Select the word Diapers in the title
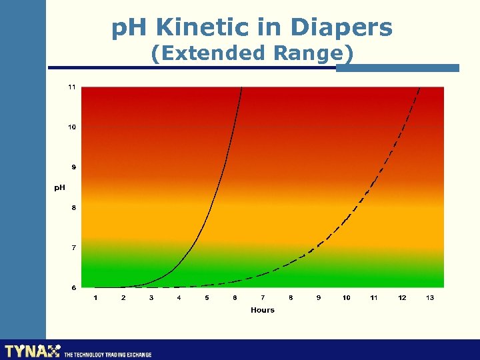click(x=341, y=28)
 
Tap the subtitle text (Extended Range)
click(x=252, y=53)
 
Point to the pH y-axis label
click(x=60, y=187)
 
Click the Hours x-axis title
click(x=262, y=310)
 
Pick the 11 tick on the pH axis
click(x=71, y=87)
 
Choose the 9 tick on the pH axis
click(x=73, y=167)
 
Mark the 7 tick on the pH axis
click(x=73, y=247)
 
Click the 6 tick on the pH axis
click(x=73, y=287)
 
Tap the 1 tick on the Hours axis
click(x=95, y=297)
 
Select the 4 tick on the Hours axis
click(x=179, y=297)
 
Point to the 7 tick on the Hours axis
click(x=263, y=297)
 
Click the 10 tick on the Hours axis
click(x=346, y=297)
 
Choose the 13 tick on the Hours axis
click(x=430, y=297)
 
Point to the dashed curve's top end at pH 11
click(x=419, y=88)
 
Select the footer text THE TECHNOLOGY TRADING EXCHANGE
click(x=108, y=355)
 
